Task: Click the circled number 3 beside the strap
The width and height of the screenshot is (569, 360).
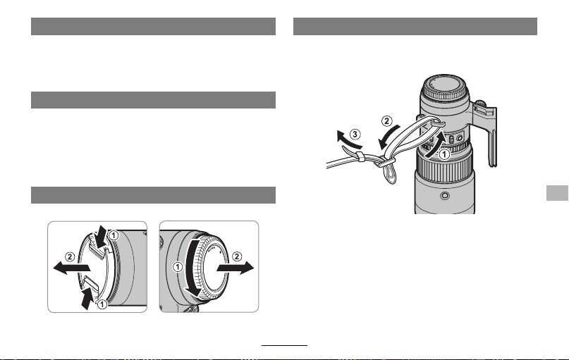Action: (x=355, y=135)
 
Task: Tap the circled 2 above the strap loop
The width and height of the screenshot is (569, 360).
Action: (x=386, y=120)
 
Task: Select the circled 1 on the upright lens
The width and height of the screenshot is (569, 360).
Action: (x=444, y=154)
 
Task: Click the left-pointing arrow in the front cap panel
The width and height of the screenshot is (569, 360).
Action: (x=71, y=268)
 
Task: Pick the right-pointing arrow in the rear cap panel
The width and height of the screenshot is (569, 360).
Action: (x=235, y=268)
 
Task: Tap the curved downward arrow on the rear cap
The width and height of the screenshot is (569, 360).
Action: (x=191, y=268)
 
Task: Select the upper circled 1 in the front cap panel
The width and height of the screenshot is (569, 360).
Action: (x=114, y=235)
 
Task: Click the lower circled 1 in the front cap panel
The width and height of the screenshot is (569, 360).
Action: (x=102, y=304)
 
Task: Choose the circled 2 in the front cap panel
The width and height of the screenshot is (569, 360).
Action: (x=70, y=257)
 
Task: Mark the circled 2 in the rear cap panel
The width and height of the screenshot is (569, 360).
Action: (x=237, y=256)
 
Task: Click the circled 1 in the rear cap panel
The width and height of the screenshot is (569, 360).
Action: (x=178, y=267)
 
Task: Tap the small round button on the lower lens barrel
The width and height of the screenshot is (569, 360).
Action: (x=444, y=196)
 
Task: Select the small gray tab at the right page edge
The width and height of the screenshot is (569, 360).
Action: (x=557, y=193)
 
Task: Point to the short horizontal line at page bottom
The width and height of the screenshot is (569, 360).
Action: (x=285, y=345)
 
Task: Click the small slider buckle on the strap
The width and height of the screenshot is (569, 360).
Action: (x=360, y=157)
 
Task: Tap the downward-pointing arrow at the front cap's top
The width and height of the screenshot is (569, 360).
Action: (x=102, y=235)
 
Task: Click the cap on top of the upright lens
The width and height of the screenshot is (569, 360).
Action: (x=444, y=88)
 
